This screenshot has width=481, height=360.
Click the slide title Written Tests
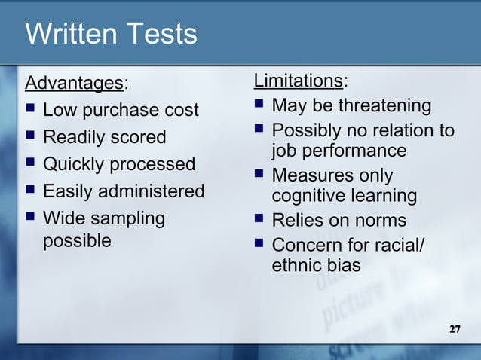tap(111, 34)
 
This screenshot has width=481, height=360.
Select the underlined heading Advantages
tap(73, 81)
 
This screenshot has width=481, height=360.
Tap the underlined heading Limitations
tap(298, 80)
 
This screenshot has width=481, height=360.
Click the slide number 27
tap(455, 330)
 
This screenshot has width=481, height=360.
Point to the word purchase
tap(123, 111)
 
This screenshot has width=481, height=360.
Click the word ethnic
tap(296, 265)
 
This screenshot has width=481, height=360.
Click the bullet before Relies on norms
tap(259, 221)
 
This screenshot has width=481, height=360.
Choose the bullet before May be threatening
tap(259, 105)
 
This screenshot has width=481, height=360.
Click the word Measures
tap(309, 176)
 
